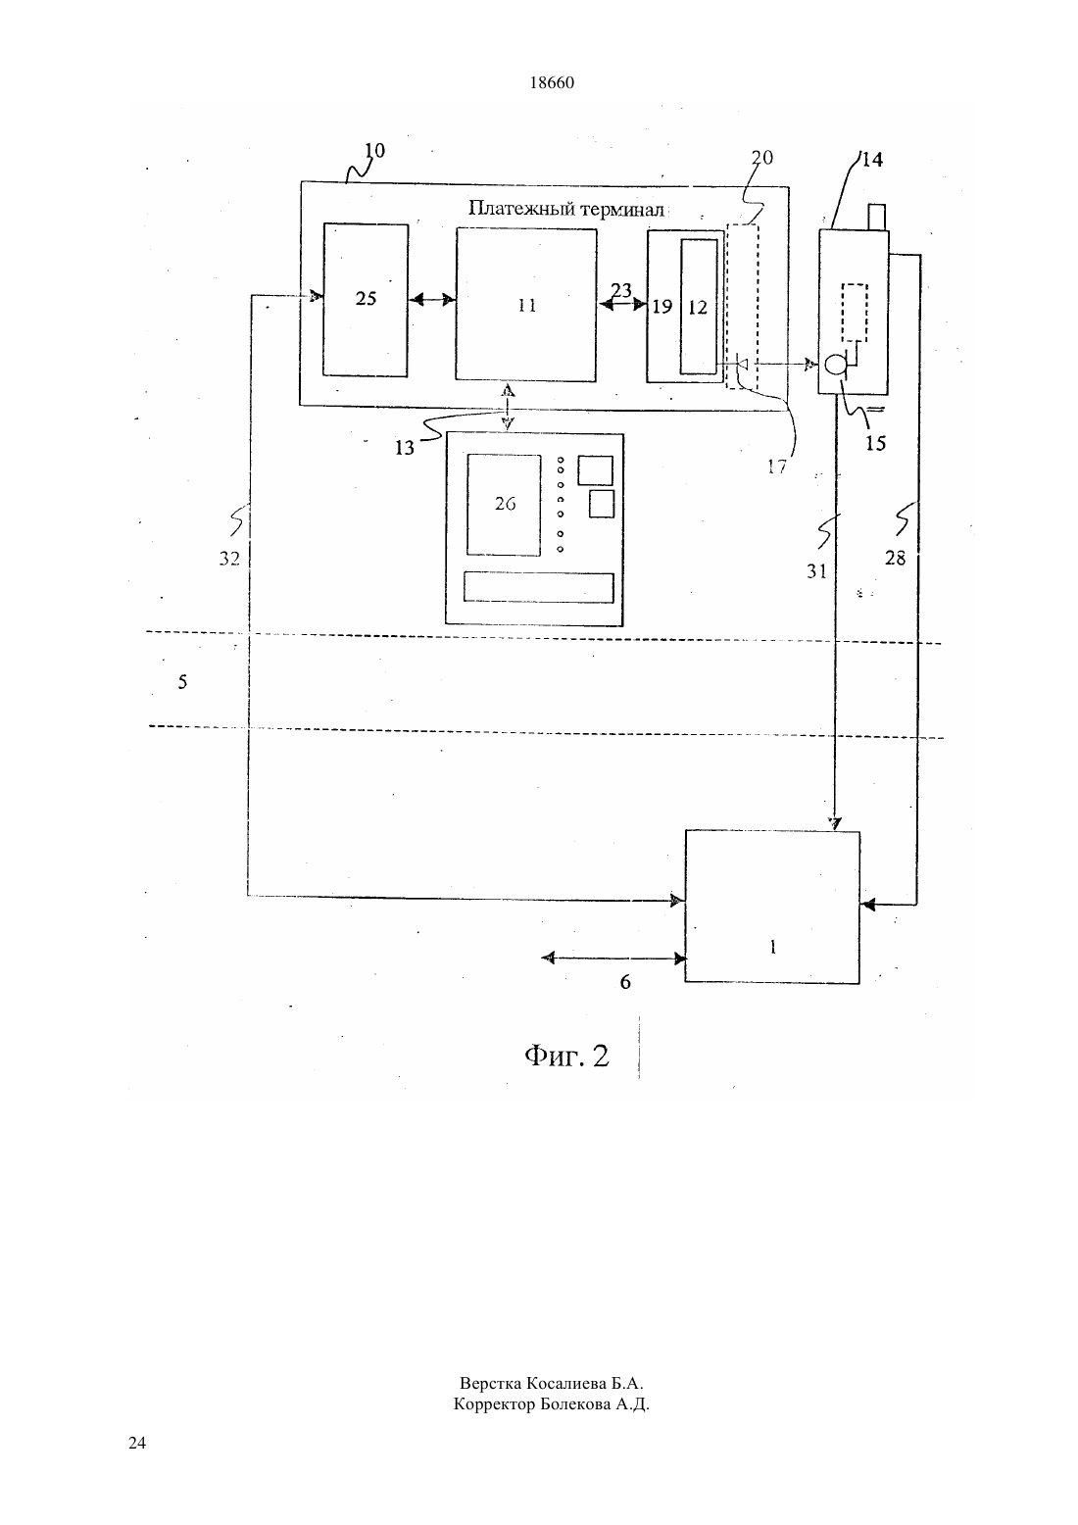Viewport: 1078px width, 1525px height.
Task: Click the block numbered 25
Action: [x=366, y=300]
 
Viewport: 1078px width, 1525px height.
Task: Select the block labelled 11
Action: [x=526, y=305]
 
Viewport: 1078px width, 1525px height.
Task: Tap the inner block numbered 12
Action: [x=699, y=307]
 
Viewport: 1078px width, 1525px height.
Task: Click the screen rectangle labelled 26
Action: [x=504, y=505]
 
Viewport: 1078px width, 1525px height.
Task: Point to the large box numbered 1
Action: [x=772, y=907]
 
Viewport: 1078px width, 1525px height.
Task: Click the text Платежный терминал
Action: [x=566, y=209]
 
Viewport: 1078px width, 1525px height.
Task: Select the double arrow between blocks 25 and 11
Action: [x=432, y=299]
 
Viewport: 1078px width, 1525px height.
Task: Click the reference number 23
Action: [x=620, y=291]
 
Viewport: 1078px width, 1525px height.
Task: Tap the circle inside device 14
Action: [x=834, y=366]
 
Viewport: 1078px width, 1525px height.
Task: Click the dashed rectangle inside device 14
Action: [x=855, y=312]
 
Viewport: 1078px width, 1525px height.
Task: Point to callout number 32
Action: [x=229, y=559]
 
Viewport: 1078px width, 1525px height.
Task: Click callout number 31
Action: [x=816, y=571]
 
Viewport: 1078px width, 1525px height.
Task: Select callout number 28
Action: [x=895, y=559]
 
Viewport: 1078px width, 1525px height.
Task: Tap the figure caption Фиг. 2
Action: [x=566, y=1056]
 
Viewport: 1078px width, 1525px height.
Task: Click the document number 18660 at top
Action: [x=552, y=82]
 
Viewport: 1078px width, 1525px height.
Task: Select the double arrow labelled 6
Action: [x=614, y=958]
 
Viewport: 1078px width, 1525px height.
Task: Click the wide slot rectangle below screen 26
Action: [x=538, y=587]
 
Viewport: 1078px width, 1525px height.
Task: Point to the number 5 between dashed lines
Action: [x=182, y=681]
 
